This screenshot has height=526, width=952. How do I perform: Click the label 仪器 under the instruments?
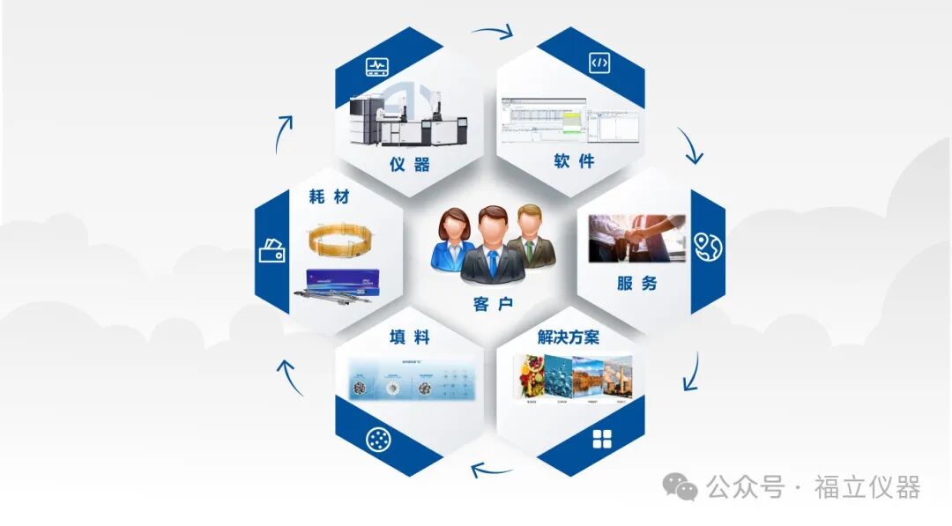[410, 164]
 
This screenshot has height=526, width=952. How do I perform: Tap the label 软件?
[574, 161]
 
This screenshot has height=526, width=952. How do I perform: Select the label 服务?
[636, 284]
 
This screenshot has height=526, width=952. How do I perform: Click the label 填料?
[410, 337]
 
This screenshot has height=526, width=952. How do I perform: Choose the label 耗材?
[330, 197]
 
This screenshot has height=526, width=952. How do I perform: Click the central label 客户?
[493, 305]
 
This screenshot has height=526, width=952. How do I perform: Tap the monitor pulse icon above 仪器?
[377, 67]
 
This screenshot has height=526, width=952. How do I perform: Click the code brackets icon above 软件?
[599, 63]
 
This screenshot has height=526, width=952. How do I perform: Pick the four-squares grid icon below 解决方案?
[602, 439]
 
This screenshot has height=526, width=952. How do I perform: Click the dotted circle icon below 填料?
[377, 439]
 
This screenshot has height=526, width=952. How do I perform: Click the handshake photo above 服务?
[636, 238]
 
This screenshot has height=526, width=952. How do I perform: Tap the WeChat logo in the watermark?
[680, 485]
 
